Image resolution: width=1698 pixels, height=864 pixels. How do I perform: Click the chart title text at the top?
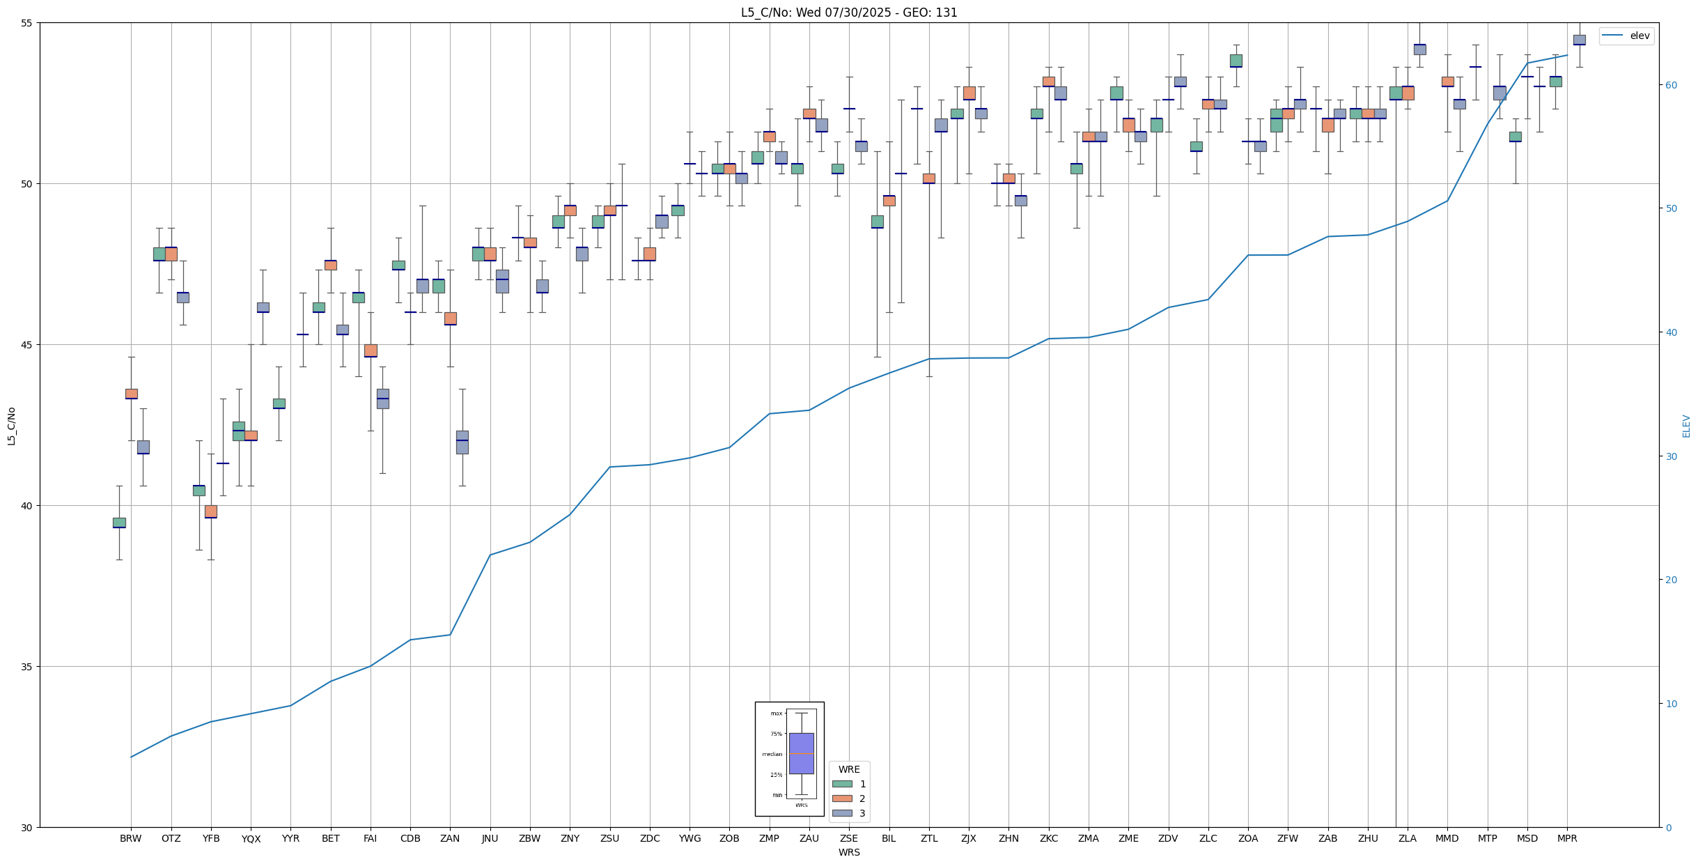point(849,13)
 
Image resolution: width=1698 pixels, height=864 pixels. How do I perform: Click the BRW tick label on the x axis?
point(130,838)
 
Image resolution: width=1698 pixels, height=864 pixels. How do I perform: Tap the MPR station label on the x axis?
point(1567,838)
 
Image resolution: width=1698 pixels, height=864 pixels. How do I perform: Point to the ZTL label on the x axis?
point(929,838)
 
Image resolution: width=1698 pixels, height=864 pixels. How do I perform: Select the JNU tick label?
point(490,838)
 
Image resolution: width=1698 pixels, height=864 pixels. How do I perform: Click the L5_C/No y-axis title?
point(11,426)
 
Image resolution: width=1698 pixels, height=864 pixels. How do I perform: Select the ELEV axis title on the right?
point(1686,426)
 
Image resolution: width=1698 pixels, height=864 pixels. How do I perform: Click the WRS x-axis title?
point(849,852)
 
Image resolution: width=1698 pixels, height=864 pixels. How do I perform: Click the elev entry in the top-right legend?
point(1639,36)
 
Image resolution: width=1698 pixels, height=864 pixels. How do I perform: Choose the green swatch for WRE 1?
point(842,784)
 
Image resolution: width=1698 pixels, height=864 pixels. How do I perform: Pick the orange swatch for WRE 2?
point(842,799)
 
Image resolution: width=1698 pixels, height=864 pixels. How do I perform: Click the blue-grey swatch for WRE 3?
point(842,813)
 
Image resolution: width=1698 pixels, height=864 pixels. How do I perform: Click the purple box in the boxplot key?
point(801,753)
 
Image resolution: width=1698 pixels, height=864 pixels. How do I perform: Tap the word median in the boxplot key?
point(772,754)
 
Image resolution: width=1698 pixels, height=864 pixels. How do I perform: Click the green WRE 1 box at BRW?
point(119,523)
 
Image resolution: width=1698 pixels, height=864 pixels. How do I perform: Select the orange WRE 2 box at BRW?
point(131,394)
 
